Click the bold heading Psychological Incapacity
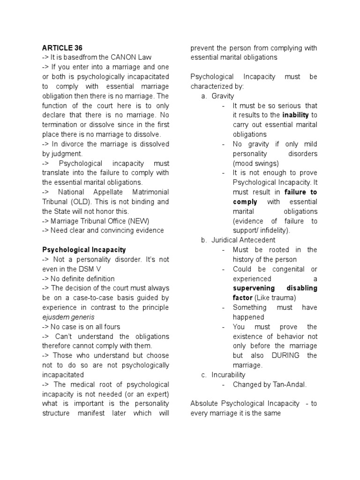tap(84, 250)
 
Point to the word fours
tap(111, 327)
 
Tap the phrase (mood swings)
tap(255, 163)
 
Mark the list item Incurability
tap(228, 375)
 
